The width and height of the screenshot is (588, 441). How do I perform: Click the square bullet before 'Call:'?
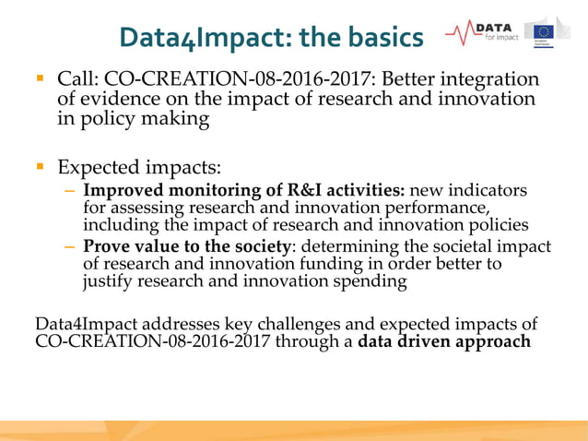(41, 78)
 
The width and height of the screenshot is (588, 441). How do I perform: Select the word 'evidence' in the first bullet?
(116, 99)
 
